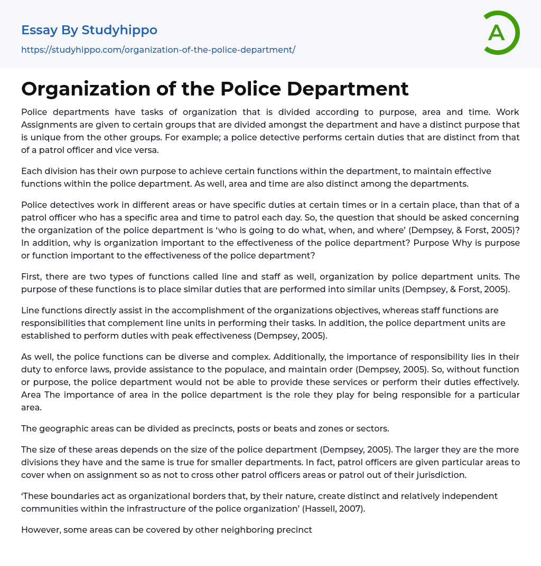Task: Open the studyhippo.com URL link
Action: click(158, 50)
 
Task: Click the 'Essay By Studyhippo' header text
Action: click(89, 30)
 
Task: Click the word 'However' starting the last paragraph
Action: click(40, 530)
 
